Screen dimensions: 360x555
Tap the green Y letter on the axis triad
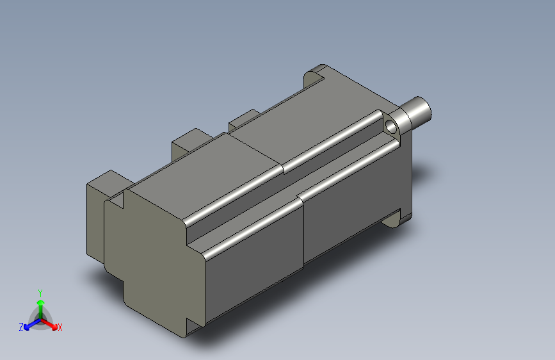(40, 292)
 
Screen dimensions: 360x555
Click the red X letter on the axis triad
(60, 328)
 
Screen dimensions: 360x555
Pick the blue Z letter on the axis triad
(21, 327)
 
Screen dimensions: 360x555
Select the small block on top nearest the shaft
(243, 119)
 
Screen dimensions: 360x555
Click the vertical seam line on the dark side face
(303, 231)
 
